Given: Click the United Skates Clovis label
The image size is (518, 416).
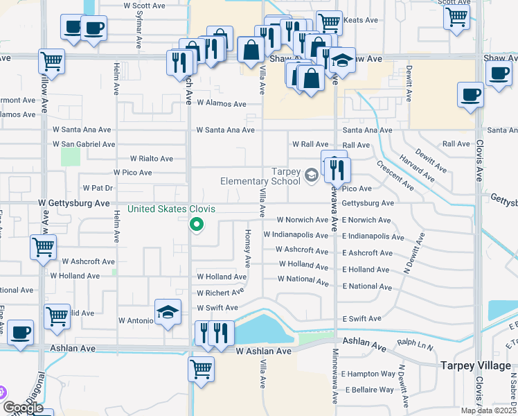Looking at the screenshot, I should (171, 209).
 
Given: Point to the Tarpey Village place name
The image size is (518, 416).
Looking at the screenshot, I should (475, 365).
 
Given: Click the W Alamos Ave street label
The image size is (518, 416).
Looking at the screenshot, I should (222, 104).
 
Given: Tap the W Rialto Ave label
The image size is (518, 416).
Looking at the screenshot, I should (152, 159).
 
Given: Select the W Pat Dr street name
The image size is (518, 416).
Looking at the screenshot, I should (98, 188).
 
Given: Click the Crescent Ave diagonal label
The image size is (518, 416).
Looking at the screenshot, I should (395, 176).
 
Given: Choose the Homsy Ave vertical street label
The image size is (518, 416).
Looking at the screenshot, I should (247, 249).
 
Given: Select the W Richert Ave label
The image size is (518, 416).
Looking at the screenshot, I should (222, 293).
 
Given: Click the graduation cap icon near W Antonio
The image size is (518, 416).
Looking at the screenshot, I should (168, 314).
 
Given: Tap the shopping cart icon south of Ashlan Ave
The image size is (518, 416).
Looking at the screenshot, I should (201, 367).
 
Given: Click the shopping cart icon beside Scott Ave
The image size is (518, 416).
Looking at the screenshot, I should (456, 17).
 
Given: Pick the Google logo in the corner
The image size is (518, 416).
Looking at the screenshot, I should (23, 407).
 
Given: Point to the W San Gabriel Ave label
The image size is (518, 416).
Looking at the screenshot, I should (84, 144).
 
